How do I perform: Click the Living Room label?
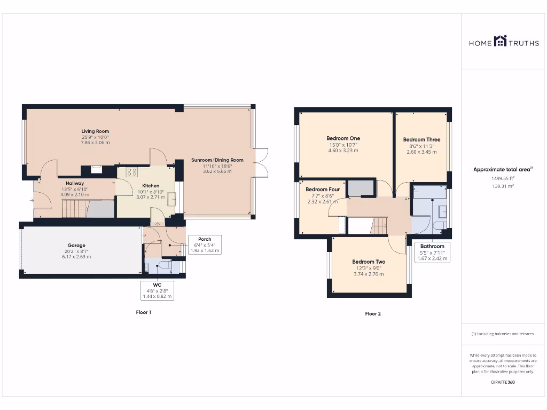coord(95,131)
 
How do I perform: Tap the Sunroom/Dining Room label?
coord(217,160)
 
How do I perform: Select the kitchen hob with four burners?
coord(132,172)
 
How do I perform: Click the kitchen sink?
coord(171,200)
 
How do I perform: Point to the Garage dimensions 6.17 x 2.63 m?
coord(76,257)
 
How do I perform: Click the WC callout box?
coord(158,290)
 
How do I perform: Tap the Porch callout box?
coord(205,245)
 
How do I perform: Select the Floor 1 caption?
coord(143,312)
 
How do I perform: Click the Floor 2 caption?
coord(373,314)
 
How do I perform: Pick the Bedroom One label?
coord(343,138)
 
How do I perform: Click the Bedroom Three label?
coord(422,139)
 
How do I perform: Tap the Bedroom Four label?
coord(323,190)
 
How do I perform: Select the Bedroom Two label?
coord(369,262)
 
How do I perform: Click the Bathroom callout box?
coord(432,252)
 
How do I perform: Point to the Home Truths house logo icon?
coord(500,41)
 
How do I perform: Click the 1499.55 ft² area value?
coord(503,178)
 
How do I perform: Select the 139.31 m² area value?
coord(503,186)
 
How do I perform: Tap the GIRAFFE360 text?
coord(503,382)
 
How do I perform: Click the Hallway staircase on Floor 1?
coord(75,209)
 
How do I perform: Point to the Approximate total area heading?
coord(503,169)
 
